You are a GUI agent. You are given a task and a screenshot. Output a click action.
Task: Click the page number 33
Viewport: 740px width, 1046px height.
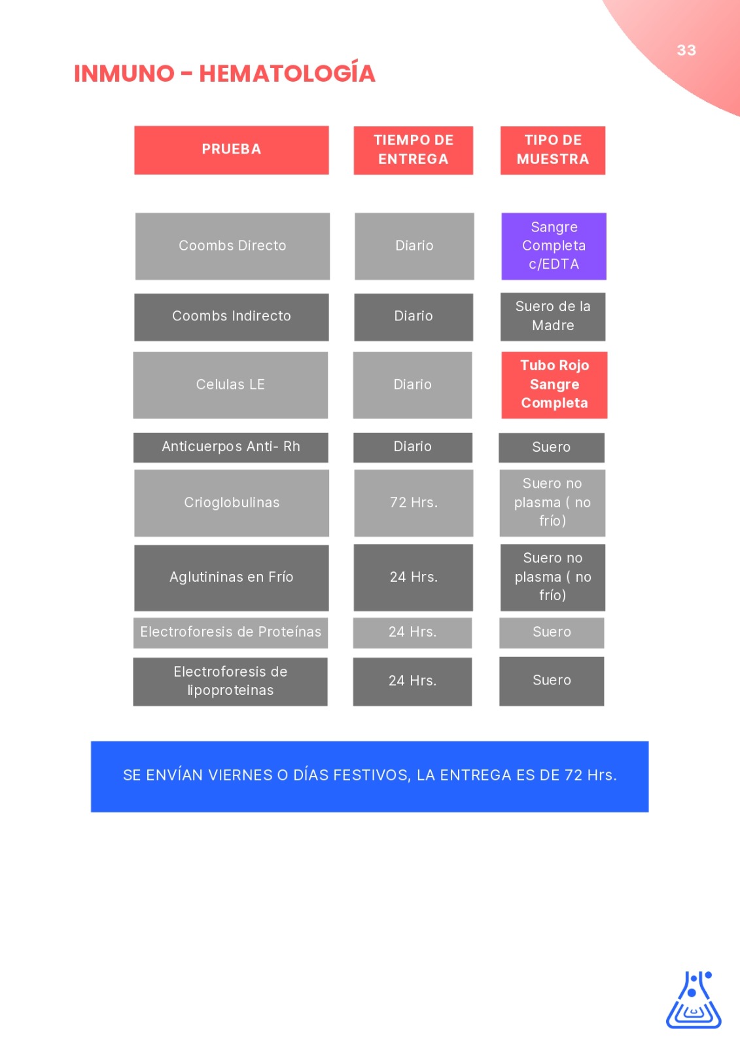click(686, 50)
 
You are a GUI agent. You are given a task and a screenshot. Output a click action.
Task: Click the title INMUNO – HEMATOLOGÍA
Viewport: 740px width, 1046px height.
click(224, 73)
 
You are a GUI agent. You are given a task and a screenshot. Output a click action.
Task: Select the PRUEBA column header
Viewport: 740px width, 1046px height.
click(232, 150)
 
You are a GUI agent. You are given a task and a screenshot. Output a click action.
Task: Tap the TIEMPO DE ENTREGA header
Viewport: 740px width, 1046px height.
click(414, 150)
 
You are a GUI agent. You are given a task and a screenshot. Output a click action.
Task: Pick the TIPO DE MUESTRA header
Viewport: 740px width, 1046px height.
click(552, 150)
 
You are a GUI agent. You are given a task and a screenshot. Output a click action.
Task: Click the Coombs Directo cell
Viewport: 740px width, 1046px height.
click(232, 246)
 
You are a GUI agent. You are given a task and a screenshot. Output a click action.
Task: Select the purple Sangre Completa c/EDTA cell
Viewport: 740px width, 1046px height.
click(554, 246)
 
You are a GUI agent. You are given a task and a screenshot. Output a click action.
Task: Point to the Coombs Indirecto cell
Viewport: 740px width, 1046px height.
click(232, 316)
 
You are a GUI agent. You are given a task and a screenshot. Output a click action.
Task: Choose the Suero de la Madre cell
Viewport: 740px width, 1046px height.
click(552, 316)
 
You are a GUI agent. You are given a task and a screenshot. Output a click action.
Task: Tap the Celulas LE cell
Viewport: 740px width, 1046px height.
click(230, 385)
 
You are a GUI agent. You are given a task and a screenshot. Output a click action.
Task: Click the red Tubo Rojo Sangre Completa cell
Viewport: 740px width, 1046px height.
click(554, 385)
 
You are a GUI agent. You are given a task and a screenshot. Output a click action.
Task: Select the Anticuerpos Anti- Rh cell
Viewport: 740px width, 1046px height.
click(231, 447)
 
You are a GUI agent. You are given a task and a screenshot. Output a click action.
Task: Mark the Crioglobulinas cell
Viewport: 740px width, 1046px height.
click(232, 503)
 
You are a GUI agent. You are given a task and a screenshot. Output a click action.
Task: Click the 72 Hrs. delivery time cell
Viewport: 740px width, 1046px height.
click(414, 503)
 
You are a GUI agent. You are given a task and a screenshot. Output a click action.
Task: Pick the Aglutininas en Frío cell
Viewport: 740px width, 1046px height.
click(232, 578)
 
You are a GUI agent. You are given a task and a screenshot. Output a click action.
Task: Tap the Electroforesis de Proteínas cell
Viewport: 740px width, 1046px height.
click(230, 633)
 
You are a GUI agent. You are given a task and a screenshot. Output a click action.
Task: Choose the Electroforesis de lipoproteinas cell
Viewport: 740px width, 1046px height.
click(230, 681)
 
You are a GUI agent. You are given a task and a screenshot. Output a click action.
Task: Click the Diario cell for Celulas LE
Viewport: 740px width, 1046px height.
click(412, 385)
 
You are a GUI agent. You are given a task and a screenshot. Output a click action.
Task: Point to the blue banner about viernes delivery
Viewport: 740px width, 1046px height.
click(369, 776)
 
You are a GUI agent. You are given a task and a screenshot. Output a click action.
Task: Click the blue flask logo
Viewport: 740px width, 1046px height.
click(694, 1000)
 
